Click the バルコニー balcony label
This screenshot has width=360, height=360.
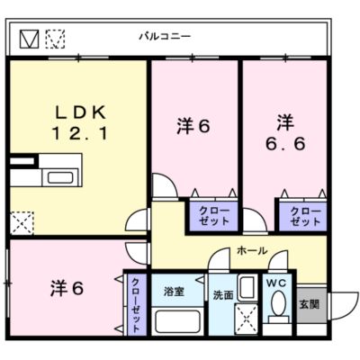(165, 37)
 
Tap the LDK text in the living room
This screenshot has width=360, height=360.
(80, 112)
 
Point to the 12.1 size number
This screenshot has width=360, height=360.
(80, 133)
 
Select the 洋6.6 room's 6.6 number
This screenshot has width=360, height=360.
(285, 143)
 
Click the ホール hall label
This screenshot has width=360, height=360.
(252, 250)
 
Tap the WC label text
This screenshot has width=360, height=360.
(276, 283)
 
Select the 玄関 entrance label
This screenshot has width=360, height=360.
(310, 304)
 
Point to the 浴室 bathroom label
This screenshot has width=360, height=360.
(174, 292)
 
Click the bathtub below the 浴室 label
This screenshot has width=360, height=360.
(178, 321)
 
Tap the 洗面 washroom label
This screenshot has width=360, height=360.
(223, 295)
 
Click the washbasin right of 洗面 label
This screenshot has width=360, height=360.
(247, 288)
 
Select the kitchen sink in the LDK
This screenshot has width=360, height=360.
(60, 177)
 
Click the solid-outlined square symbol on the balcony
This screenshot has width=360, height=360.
(29, 39)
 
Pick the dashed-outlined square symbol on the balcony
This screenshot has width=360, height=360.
(55, 39)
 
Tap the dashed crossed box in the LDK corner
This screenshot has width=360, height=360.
(22, 222)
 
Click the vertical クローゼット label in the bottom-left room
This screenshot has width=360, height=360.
(136, 305)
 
